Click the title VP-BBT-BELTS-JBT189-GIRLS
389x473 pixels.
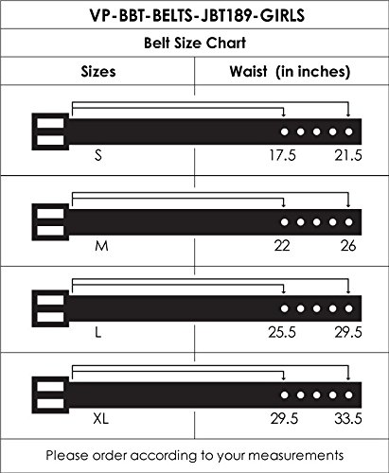(194, 16)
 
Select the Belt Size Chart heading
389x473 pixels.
(194, 43)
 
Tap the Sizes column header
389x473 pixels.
(98, 71)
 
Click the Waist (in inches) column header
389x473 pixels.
(290, 71)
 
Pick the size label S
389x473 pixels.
(98, 154)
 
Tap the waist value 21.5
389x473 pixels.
(347, 154)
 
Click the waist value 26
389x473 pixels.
(348, 245)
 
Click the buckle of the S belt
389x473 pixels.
(48, 131)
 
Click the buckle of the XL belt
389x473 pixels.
(48, 394)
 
